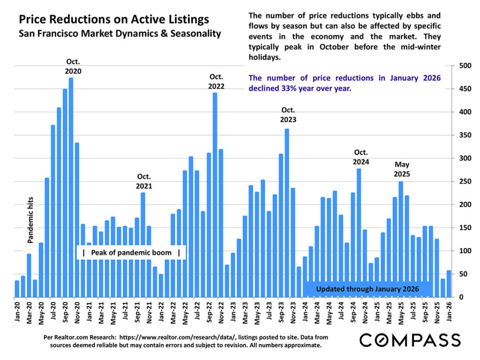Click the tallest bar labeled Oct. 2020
tap(71, 187)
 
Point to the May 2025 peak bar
tap(401, 239)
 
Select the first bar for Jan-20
tap(17, 289)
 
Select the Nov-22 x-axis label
tap(221, 311)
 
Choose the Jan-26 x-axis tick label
tap(449, 311)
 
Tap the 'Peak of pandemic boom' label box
tap(131, 253)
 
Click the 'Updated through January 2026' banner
tap(367, 289)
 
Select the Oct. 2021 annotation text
tap(144, 181)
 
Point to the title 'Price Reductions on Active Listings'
tap(113, 20)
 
